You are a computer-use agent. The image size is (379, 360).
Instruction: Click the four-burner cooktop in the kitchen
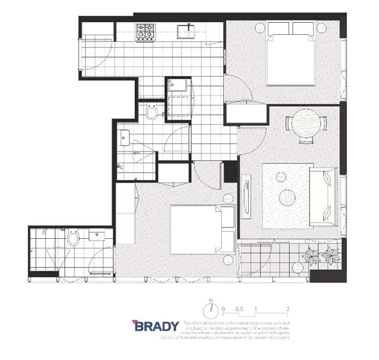[145, 31]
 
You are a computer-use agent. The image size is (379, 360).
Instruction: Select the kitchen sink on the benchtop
[186, 31]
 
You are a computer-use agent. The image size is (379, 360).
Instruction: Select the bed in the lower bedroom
[201, 230]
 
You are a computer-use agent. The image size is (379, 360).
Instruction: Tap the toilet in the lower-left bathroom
[74, 239]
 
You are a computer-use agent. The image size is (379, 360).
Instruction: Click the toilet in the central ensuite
[153, 112]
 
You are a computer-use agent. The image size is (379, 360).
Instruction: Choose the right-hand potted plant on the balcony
[330, 256]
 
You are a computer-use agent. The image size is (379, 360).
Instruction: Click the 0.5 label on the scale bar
[239, 309]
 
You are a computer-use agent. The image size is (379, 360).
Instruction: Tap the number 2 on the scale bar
[288, 309]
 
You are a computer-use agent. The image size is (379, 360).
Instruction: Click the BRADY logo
[156, 326]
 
